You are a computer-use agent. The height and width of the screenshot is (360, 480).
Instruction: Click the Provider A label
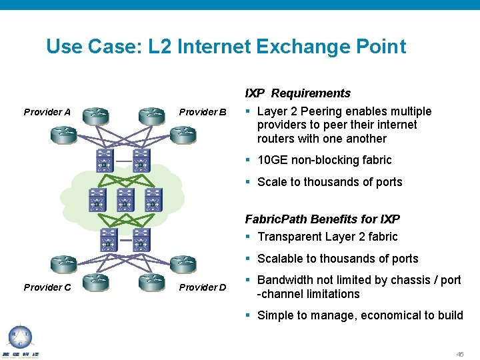point(47,112)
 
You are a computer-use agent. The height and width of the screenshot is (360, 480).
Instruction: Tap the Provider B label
point(203,112)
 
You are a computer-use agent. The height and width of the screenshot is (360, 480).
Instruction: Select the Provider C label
point(47,287)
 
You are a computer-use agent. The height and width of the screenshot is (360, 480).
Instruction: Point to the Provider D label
point(203,287)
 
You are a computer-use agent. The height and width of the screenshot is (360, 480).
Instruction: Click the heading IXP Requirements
point(297,93)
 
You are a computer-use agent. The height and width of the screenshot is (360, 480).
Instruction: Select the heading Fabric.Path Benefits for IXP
point(322,219)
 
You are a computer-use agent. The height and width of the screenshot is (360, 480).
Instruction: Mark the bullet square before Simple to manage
point(248,315)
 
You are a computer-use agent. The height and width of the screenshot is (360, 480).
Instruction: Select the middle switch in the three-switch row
point(125,199)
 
